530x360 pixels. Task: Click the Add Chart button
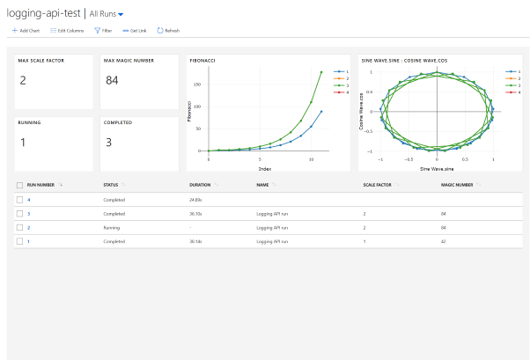click(x=26, y=30)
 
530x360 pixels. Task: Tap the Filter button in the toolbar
click(x=103, y=30)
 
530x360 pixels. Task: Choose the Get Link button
click(x=135, y=30)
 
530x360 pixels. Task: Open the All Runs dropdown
click(x=107, y=14)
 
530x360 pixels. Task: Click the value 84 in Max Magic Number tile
click(x=112, y=81)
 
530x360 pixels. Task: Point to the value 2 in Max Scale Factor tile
click(x=23, y=81)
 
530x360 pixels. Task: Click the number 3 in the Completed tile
click(x=107, y=142)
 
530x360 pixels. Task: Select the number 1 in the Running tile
click(x=22, y=142)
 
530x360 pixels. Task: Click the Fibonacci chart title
click(x=203, y=61)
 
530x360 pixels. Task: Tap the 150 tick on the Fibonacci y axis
click(x=198, y=84)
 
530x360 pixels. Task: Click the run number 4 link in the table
click(x=28, y=201)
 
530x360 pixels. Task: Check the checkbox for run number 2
click(x=19, y=227)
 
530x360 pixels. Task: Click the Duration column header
click(x=200, y=186)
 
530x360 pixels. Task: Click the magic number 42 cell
click(x=445, y=240)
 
